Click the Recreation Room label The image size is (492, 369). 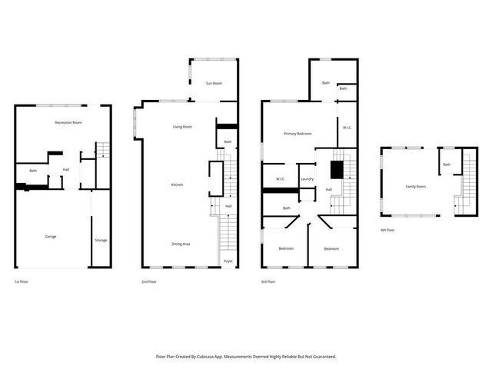pyautogui.click(x=68, y=123)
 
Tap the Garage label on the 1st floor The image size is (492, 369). pyautogui.click(x=50, y=237)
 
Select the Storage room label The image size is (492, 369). pyautogui.click(x=101, y=241)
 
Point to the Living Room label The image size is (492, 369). pyautogui.click(x=182, y=127)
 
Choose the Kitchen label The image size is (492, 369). pyautogui.click(x=177, y=185)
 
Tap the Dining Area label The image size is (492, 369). pyautogui.click(x=181, y=244)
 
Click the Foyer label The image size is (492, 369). pyautogui.click(x=228, y=261)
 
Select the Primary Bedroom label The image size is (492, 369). pyautogui.click(x=298, y=134)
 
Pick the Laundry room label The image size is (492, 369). pyautogui.click(x=307, y=179)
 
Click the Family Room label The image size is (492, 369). pyautogui.click(x=416, y=186)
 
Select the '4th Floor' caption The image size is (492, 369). pyautogui.click(x=388, y=230)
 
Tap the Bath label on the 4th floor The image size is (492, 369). pyautogui.click(x=446, y=165)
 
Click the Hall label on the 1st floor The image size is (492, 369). pyautogui.click(x=66, y=170)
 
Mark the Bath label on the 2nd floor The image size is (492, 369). pyautogui.click(x=228, y=141)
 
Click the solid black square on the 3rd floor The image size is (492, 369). pyautogui.click(x=337, y=169)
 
